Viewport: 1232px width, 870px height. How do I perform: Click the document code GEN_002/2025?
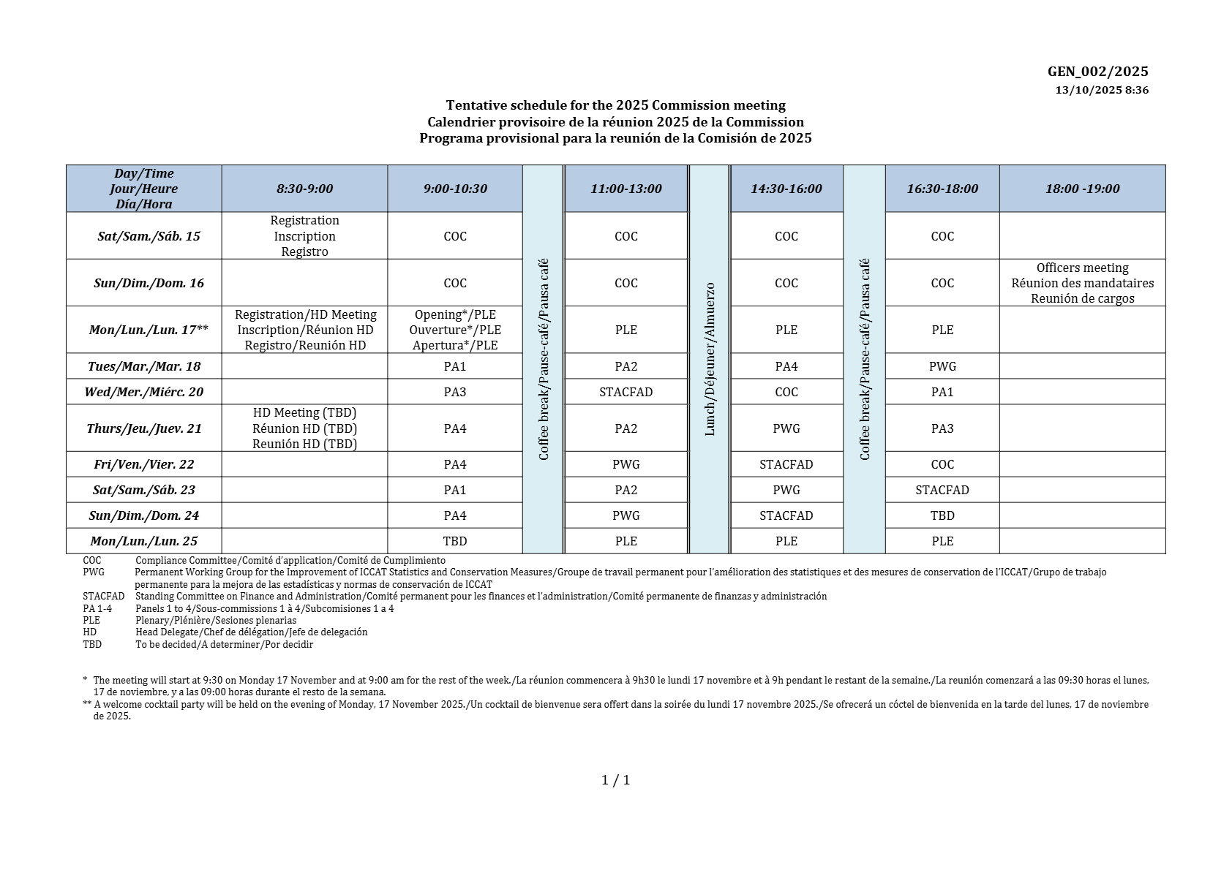(1097, 71)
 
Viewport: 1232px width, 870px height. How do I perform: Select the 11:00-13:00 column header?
(626, 189)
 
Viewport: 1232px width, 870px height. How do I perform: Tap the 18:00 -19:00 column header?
(1082, 189)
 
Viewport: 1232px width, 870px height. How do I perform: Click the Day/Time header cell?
(144, 189)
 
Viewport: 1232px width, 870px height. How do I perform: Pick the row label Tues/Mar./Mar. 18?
(144, 366)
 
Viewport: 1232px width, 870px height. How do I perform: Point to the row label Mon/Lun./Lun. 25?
(144, 541)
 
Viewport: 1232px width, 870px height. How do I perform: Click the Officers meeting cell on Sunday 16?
(1082, 283)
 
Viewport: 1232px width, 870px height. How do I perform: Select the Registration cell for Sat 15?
(304, 236)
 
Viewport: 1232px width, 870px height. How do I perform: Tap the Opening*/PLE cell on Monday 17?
(455, 330)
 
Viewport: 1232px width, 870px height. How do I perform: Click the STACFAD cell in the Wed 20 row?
(626, 392)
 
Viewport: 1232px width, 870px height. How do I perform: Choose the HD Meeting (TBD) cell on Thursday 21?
(304, 428)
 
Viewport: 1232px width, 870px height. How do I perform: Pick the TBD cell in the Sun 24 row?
(942, 515)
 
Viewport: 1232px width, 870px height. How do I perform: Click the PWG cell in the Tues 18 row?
(942, 366)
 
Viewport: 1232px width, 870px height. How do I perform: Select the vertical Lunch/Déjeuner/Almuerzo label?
(709, 359)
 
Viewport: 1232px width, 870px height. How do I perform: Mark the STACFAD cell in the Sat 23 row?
(942, 490)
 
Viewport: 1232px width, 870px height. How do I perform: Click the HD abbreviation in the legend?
(90, 632)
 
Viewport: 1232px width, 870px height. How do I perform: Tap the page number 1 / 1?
(615, 780)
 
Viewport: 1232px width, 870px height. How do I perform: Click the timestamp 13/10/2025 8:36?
(1101, 90)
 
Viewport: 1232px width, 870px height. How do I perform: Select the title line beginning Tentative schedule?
(615, 106)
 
